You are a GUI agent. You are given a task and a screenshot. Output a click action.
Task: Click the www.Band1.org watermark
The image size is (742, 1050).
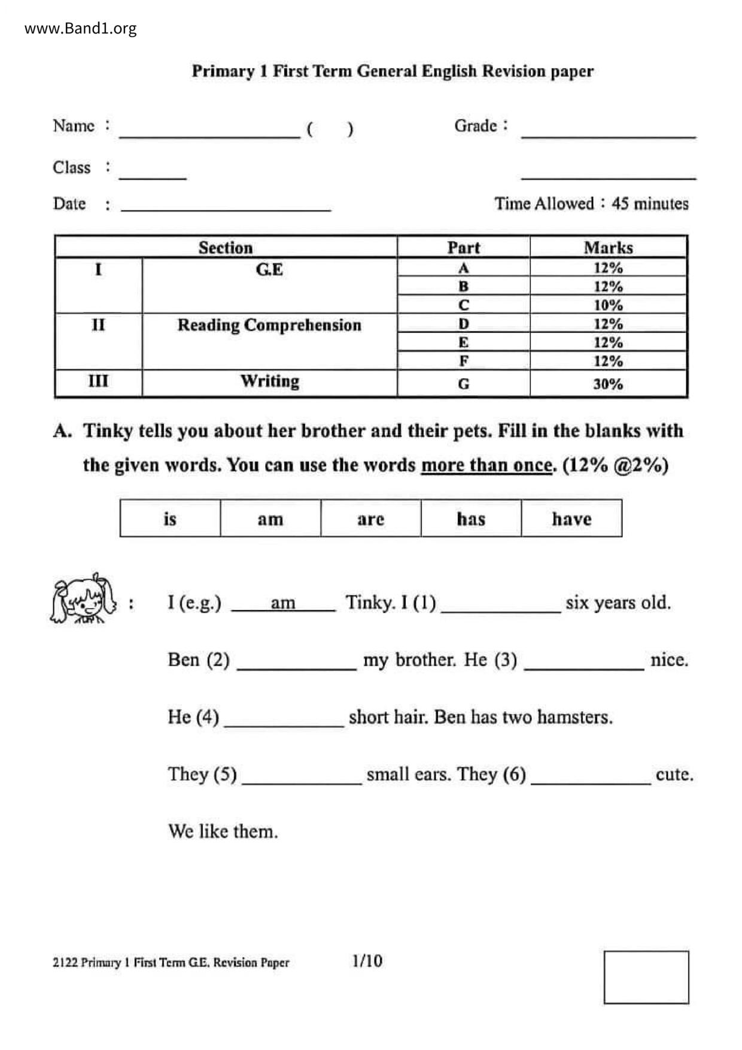click(x=80, y=29)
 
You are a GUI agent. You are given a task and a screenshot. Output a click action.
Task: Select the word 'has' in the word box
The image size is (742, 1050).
click(x=471, y=518)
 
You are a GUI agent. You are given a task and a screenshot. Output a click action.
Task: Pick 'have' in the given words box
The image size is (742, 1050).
click(x=571, y=518)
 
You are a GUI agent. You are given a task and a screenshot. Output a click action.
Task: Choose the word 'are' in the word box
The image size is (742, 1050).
click(x=370, y=518)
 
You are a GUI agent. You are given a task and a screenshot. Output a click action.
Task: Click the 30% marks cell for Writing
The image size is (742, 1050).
click(x=608, y=384)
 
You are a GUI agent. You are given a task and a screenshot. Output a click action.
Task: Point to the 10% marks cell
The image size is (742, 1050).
click(x=608, y=305)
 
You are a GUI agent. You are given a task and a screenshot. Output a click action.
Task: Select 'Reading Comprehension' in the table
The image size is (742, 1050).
click(x=269, y=325)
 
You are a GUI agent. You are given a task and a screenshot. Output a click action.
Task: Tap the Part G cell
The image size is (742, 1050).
click(x=463, y=384)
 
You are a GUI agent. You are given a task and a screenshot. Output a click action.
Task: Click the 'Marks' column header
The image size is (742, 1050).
click(x=608, y=247)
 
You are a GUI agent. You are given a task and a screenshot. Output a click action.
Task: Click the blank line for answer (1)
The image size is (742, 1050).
click(x=500, y=606)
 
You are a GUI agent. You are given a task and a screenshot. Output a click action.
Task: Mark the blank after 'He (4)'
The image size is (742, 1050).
click(x=284, y=721)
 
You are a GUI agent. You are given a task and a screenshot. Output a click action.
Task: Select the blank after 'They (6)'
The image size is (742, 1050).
click(x=591, y=778)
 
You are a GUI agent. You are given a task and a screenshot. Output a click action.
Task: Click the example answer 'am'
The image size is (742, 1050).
click(x=282, y=603)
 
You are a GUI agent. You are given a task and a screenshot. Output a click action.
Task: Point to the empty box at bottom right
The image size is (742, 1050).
click(x=646, y=977)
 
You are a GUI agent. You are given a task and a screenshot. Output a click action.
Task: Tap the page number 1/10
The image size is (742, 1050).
click(x=367, y=961)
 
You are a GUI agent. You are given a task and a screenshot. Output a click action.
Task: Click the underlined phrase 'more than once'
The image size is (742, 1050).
click(x=486, y=465)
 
